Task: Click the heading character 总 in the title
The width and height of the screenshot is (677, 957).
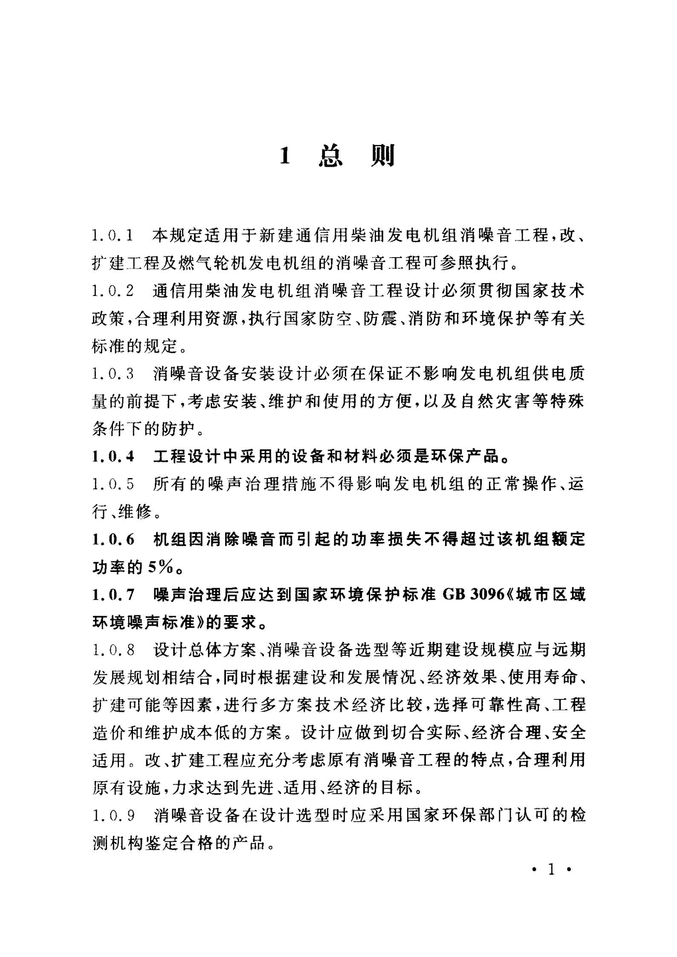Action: point(330,156)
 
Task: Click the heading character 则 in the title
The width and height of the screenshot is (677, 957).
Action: point(382,156)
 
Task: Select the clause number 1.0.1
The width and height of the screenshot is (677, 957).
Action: point(113,235)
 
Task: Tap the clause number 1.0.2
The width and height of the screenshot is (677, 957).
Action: point(113,291)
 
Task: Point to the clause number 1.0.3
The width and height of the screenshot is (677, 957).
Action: point(113,374)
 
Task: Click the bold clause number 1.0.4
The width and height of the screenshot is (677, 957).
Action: point(113,457)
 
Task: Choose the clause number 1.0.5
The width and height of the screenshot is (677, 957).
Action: point(113,484)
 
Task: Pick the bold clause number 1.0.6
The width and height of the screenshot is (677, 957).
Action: point(113,540)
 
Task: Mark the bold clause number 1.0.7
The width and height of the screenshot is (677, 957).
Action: point(113,595)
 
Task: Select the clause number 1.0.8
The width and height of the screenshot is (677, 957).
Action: point(113,650)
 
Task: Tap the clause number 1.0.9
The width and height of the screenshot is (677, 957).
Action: point(113,816)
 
